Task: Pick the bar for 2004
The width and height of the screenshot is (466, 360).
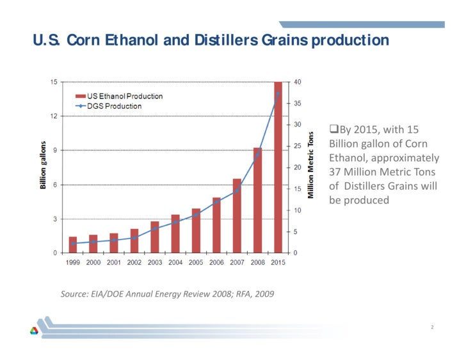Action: click(175, 233)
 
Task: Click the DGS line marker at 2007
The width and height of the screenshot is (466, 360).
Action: click(237, 191)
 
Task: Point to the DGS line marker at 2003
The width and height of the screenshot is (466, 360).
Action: click(155, 228)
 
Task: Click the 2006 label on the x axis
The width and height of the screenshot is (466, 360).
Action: click(216, 263)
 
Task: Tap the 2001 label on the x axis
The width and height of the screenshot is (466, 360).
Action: click(114, 263)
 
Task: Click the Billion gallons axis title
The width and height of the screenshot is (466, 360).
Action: click(43, 165)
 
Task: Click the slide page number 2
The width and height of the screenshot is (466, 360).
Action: click(432, 327)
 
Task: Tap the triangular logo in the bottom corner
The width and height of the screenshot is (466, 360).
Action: click(34, 330)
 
